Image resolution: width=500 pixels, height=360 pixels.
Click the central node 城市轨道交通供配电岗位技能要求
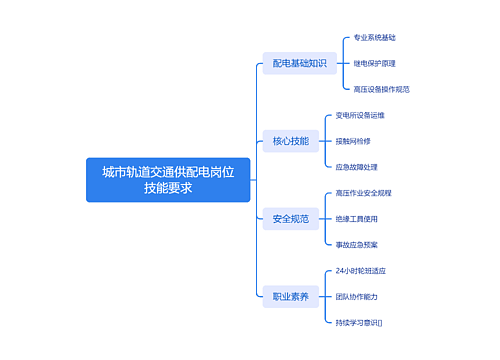(167, 180)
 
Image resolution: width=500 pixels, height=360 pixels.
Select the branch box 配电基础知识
(300, 63)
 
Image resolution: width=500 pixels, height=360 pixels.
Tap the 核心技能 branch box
(291, 141)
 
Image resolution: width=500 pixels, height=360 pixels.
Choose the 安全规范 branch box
(291, 218)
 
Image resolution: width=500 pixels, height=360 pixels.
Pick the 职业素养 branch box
(291, 296)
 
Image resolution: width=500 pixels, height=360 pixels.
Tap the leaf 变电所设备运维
(360, 115)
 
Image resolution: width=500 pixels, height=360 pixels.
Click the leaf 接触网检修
(353, 141)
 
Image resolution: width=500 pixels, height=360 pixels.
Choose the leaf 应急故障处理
(357, 167)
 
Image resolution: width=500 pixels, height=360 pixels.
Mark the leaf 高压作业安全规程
(364, 192)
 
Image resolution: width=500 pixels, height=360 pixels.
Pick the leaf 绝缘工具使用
(357, 218)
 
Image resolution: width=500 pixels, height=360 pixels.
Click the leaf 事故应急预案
(357, 244)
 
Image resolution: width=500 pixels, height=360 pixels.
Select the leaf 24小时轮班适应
(361, 270)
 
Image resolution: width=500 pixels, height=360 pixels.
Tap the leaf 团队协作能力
(357, 296)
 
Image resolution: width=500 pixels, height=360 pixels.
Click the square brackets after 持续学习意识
(380, 322)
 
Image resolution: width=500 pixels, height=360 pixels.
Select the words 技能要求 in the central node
(167, 188)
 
